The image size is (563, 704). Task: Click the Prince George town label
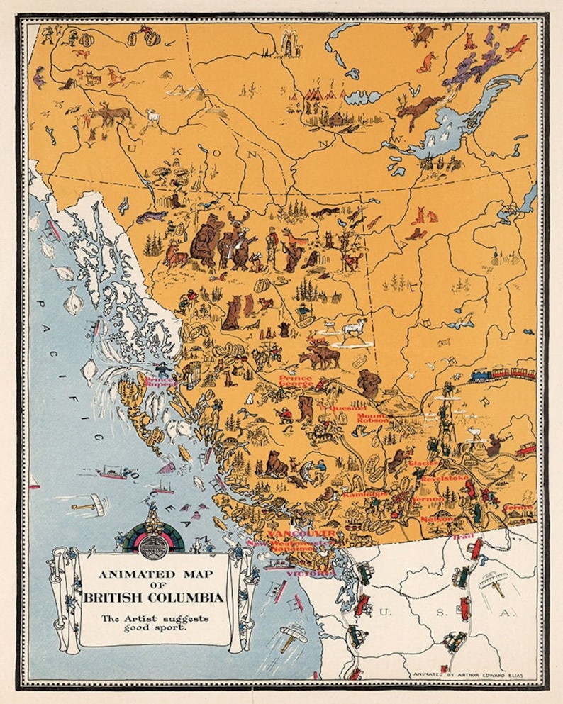click(x=295, y=382)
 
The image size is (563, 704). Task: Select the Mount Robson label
click(x=372, y=417)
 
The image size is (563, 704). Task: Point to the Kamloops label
click(x=364, y=493)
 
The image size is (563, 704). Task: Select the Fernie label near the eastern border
click(x=519, y=508)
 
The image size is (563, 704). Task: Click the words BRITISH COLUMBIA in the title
click(x=153, y=598)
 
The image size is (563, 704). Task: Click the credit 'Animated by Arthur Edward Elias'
click(x=468, y=674)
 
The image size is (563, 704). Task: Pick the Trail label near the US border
click(x=461, y=537)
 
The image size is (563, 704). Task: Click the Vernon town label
click(x=428, y=499)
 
